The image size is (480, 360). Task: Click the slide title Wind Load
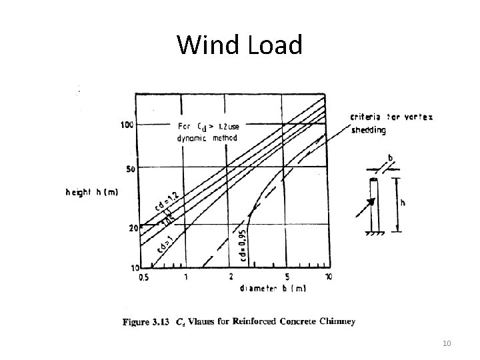(x=239, y=45)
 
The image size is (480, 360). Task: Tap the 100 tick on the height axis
(x=127, y=125)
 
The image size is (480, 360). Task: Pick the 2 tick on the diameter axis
(x=231, y=277)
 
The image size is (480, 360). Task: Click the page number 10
(x=446, y=343)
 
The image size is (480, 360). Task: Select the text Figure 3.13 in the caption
(x=145, y=322)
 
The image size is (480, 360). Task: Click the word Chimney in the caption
(x=337, y=322)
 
